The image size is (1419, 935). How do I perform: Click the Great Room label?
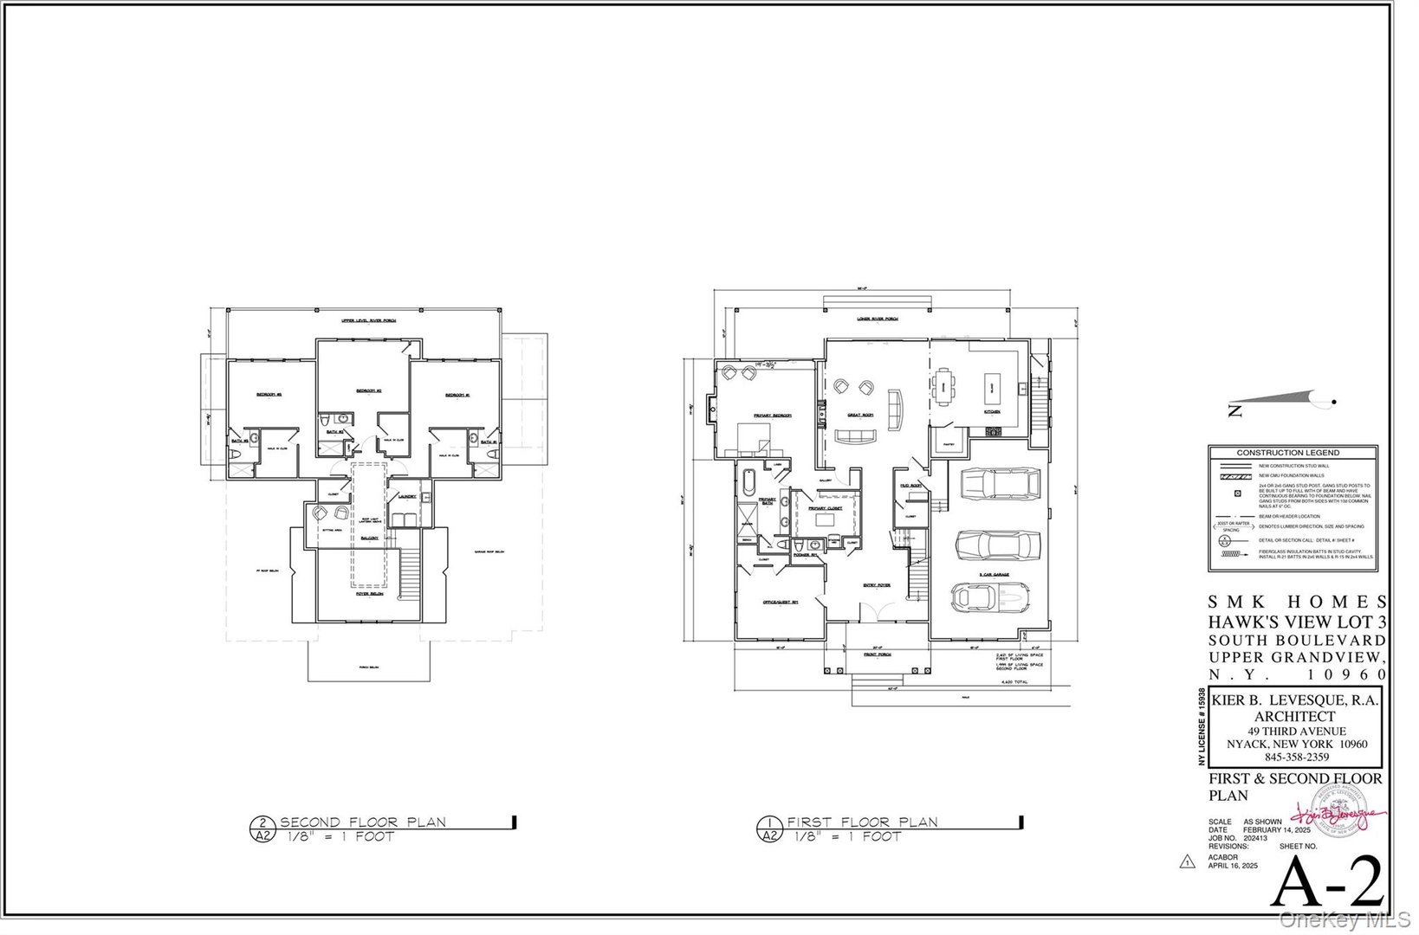click(860, 416)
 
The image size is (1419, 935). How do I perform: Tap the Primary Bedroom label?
click(774, 416)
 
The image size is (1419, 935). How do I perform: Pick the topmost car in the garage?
click(998, 485)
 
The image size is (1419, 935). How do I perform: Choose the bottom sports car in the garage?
click(989, 596)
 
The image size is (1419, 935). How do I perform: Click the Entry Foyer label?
click(877, 585)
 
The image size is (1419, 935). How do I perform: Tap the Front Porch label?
click(877, 654)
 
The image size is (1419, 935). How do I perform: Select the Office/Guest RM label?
click(780, 602)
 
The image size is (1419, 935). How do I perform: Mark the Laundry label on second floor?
click(407, 496)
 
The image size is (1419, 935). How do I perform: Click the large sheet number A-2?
click(1331, 881)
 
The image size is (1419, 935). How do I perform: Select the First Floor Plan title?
click(862, 822)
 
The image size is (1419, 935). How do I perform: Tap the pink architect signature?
click(1334, 816)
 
